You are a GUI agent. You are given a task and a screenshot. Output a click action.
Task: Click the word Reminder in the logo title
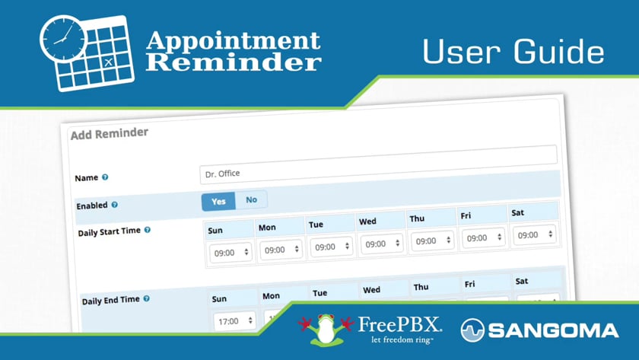233,62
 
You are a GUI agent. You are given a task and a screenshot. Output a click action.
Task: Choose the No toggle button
251,200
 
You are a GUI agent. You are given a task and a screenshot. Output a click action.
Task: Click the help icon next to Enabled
114,205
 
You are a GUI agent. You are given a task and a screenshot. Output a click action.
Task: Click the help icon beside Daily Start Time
147,230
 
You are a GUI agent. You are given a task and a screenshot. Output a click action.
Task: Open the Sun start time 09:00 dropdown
230,251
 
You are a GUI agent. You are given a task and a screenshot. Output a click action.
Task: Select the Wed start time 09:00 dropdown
382,244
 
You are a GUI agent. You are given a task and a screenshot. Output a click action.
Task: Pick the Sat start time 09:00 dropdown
535,235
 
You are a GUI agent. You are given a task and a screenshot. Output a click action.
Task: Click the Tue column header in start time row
316,225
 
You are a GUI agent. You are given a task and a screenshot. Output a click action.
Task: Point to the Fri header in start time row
466,216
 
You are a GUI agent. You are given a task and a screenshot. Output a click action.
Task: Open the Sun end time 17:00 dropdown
234,321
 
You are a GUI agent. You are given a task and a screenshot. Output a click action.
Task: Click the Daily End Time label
110,301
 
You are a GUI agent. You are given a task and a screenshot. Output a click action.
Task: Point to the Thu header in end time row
421,288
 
